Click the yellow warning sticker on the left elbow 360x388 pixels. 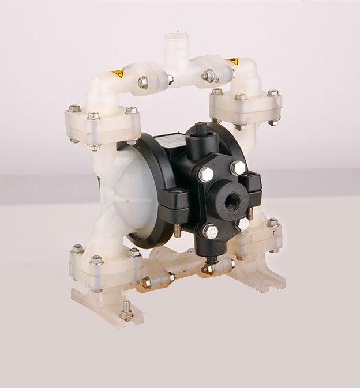point(117,74)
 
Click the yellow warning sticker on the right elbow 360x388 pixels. point(232,61)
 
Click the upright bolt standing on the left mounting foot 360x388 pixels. point(126,310)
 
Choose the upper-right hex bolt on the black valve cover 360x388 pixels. point(238,168)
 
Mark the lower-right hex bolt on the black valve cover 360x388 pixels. point(243,223)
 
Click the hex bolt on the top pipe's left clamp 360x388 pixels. point(142,82)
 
